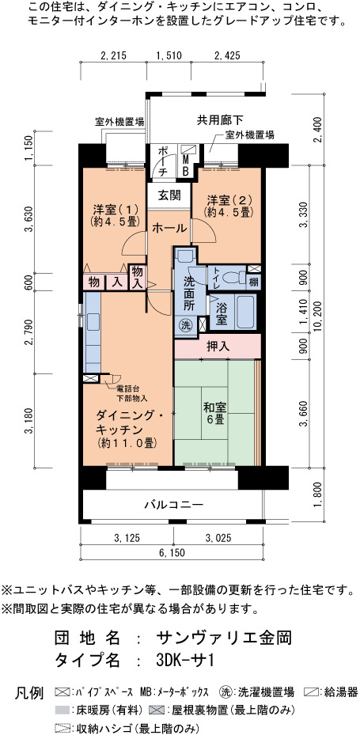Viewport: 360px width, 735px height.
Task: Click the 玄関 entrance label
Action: (169, 195)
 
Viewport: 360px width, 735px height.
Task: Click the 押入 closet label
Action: (218, 347)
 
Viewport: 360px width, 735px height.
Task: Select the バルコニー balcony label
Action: (173, 505)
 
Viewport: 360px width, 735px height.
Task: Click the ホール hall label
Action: (169, 229)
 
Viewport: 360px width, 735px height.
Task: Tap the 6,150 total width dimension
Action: (171, 553)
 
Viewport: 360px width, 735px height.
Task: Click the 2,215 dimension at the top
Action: (113, 56)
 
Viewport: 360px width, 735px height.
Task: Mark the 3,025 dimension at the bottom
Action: (218, 538)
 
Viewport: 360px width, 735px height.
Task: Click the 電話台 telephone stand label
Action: (126, 389)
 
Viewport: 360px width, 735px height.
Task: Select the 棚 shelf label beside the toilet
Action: (253, 282)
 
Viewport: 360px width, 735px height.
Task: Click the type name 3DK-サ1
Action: (186, 661)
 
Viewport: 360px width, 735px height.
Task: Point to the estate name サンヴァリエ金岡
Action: (225, 638)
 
